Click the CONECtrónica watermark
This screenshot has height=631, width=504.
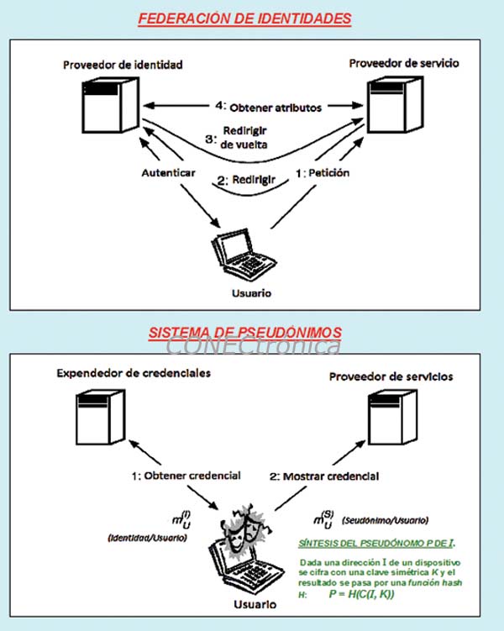point(253,345)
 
